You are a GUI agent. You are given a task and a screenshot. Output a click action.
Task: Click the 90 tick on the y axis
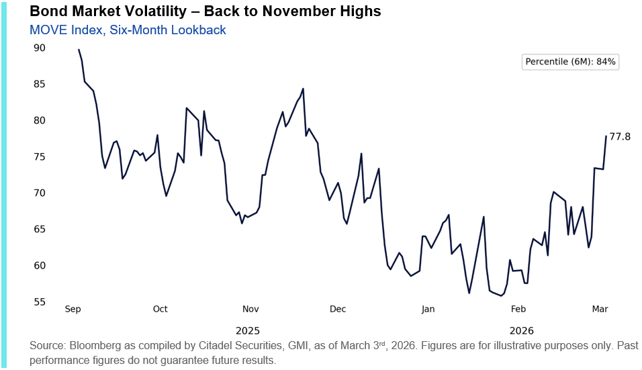coord(39,48)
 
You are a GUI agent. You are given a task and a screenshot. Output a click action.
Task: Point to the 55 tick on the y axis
coord(39,302)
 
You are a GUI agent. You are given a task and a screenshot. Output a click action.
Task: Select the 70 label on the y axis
coord(39,193)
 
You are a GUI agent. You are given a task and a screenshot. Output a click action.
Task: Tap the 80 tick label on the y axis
coord(39,120)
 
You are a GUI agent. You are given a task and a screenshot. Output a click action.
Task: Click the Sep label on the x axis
coord(73,309)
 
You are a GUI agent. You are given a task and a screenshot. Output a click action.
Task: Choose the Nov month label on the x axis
coord(250,309)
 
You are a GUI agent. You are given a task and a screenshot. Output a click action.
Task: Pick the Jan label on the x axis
coord(428,309)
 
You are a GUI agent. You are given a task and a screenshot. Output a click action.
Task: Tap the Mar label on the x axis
coord(600,309)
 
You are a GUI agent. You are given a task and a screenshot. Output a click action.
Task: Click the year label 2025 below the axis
coord(248,330)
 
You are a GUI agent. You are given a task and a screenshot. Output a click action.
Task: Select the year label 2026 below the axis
coord(522,330)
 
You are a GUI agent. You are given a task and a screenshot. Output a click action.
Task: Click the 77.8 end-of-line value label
coord(620,137)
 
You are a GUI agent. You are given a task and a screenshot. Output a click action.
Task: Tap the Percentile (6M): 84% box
coord(570,62)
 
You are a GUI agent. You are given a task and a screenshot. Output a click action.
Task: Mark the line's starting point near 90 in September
coord(79,50)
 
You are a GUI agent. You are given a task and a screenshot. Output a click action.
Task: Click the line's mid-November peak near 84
coord(304,89)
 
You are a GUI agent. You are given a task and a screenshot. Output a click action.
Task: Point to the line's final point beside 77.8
coord(606,136)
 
